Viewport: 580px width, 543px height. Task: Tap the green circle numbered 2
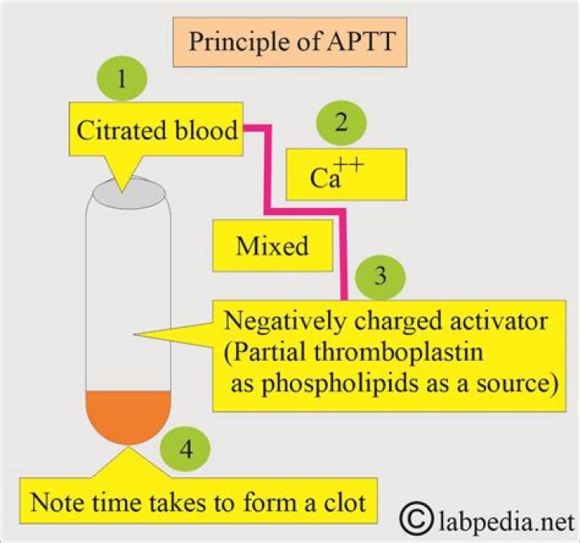click(x=342, y=123)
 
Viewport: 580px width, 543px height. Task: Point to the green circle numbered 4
click(x=184, y=450)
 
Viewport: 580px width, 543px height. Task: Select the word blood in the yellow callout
click(x=206, y=129)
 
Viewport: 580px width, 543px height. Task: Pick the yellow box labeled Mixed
click(x=271, y=245)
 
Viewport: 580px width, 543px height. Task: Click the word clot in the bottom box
click(x=342, y=503)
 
